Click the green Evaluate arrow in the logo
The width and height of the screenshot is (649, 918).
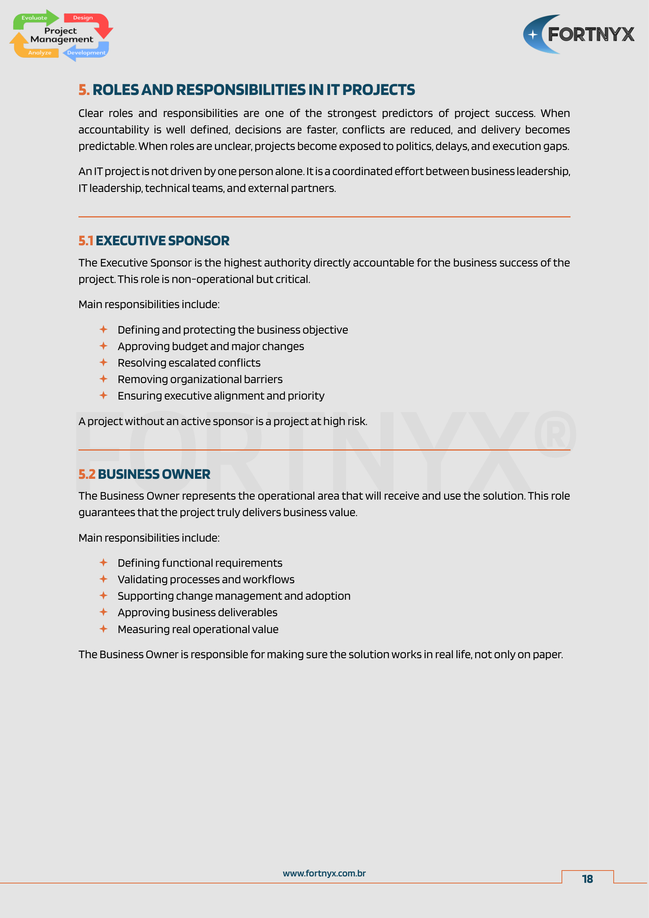[x=35, y=18]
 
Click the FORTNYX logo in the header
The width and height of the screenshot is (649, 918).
[x=579, y=35]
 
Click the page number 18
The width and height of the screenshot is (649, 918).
[x=587, y=879]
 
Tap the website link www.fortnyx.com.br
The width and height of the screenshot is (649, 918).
[x=324, y=873]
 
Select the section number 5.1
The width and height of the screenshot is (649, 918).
[x=86, y=241]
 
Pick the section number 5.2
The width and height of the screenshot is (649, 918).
[x=87, y=474]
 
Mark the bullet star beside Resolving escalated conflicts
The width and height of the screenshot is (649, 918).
[x=104, y=363]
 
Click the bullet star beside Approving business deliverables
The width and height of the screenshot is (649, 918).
[x=104, y=612]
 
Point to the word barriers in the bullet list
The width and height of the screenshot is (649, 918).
[x=263, y=379]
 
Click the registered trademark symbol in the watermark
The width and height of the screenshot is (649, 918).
[x=555, y=434]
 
